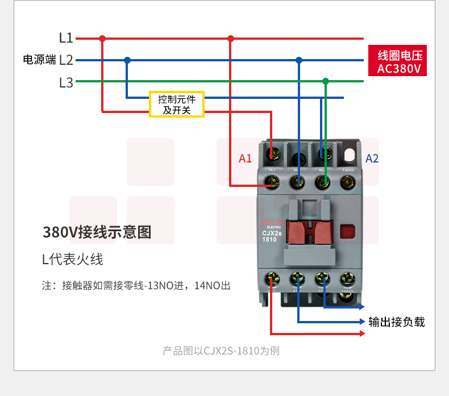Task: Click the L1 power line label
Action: [66, 39]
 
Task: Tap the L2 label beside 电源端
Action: [66, 60]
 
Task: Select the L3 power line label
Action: [66, 82]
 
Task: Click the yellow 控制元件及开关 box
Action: [176, 105]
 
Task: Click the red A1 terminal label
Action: [245, 159]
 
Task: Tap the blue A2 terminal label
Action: [372, 159]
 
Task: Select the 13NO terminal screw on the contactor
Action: [347, 182]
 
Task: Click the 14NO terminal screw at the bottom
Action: [347, 279]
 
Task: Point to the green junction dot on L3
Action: [326, 81]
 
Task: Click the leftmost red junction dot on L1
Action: [102, 39]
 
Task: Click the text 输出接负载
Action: [397, 322]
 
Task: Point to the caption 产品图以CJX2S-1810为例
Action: [221, 351]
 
